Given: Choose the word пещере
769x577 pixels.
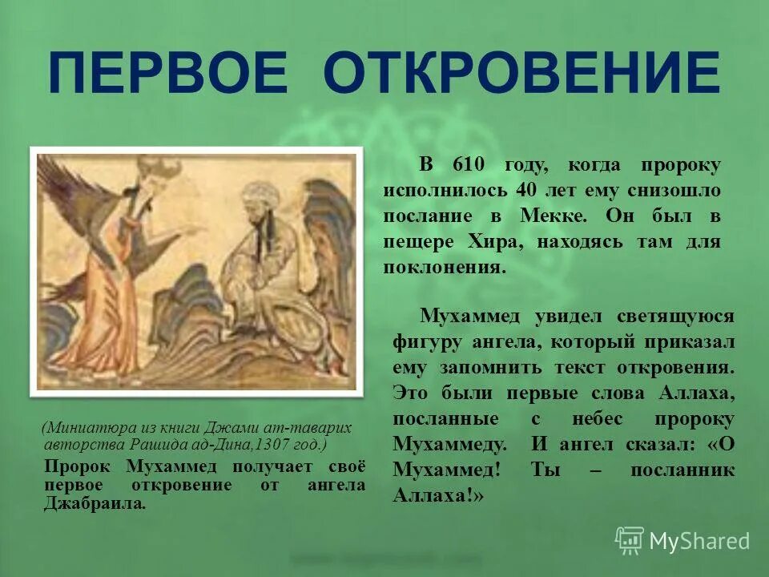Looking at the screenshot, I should click(x=417, y=242).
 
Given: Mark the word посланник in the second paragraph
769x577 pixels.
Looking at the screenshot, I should click(x=682, y=470).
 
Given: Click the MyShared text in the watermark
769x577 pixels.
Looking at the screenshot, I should click(x=699, y=541).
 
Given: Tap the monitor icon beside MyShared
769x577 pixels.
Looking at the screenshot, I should click(x=629, y=539).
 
